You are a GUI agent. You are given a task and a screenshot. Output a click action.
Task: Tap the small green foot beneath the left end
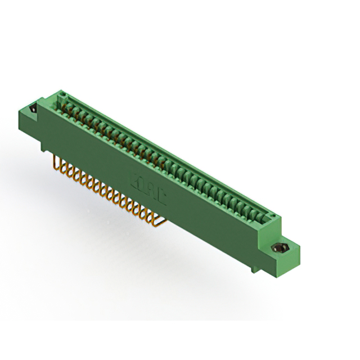point(43,148)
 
